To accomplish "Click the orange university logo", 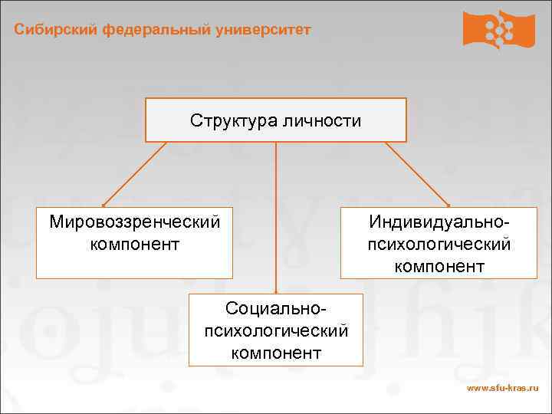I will point(498,29).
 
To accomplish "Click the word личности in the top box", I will point(322,120).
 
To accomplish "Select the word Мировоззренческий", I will point(134,222).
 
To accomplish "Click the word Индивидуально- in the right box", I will point(439,222).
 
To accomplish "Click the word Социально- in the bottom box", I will point(276,308).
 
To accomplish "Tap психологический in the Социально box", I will point(276,330).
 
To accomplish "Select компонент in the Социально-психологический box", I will point(276,353).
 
